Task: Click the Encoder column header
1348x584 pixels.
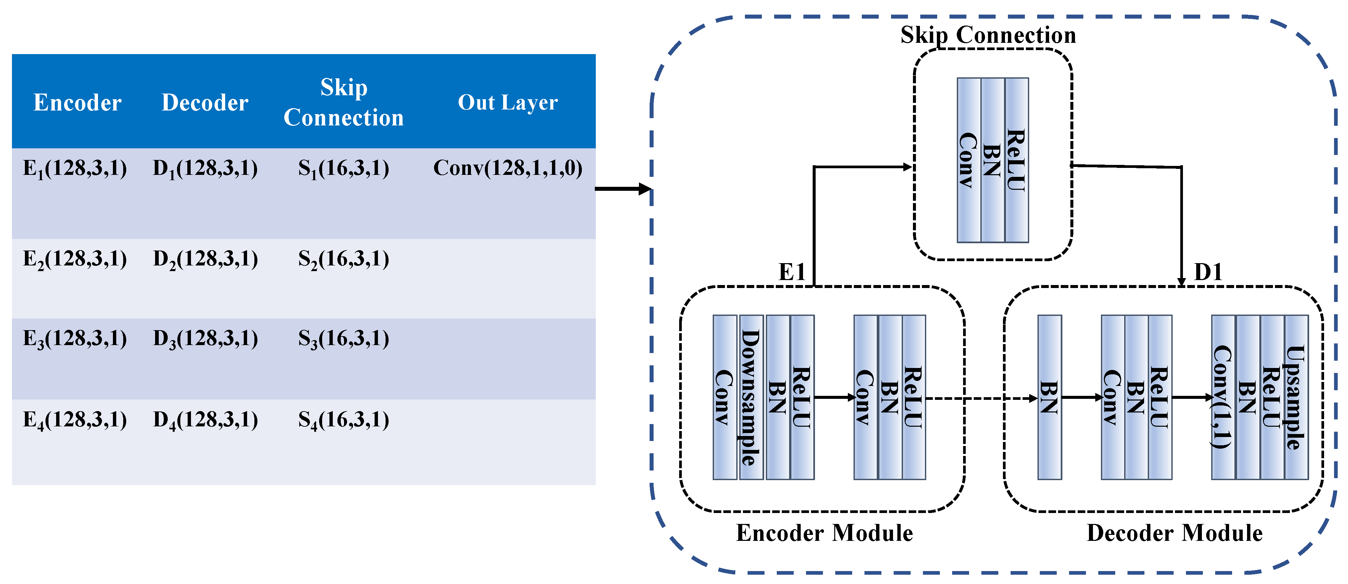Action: pyautogui.click(x=77, y=103)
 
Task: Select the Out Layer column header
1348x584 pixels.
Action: pyautogui.click(x=507, y=103)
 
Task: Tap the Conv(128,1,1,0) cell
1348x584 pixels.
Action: pyautogui.click(x=507, y=168)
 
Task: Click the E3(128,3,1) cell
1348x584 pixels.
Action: pyautogui.click(x=75, y=339)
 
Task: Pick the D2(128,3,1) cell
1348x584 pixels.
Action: pyautogui.click(x=205, y=259)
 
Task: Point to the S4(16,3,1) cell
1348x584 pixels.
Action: pyautogui.click(x=344, y=420)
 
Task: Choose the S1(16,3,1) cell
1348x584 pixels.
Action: pyautogui.click(x=344, y=168)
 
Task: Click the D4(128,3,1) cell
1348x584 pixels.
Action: pyautogui.click(x=205, y=420)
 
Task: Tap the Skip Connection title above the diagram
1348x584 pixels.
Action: pyautogui.click(x=988, y=35)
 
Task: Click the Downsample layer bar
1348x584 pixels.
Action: pyautogui.click(x=751, y=397)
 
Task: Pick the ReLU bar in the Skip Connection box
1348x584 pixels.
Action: pyautogui.click(x=1016, y=160)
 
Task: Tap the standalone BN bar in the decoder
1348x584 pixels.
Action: pyautogui.click(x=1049, y=397)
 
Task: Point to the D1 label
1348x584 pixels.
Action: pyautogui.click(x=1208, y=272)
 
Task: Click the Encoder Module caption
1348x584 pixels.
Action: pyautogui.click(x=824, y=533)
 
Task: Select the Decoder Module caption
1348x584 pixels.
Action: pyautogui.click(x=1174, y=533)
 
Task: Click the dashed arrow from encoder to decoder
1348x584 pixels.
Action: pyautogui.click(x=981, y=399)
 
